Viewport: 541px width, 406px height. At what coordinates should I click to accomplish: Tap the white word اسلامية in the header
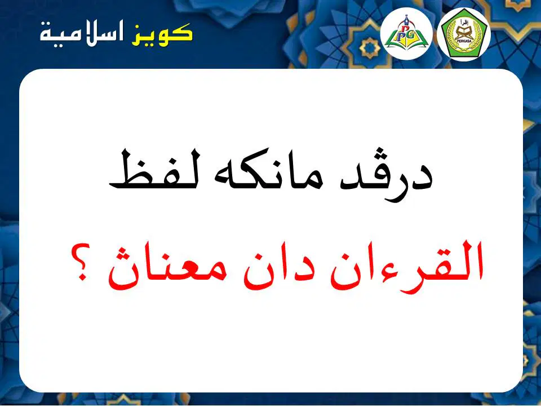click(x=82, y=34)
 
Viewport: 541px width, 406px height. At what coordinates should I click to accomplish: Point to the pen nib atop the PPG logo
click(x=407, y=17)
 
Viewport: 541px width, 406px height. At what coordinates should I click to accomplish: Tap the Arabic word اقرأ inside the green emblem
click(x=463, y=22)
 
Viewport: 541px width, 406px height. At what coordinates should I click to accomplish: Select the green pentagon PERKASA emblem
click(x=463, y=34)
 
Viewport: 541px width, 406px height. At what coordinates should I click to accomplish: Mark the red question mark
click(x=81, y=262)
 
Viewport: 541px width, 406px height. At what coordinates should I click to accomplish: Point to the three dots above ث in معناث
click(x=122, y=253)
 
